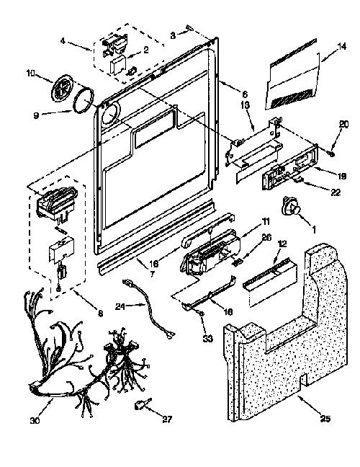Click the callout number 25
(x=325, y=418)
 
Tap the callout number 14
(x=342, y=46)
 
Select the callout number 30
(x=35, y=421)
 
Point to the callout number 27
(x=167, y=419)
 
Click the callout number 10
(x=31, y=73)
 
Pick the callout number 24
(x=120, y=306)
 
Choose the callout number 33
(x=208, y=338)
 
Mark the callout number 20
(x=343, y=124)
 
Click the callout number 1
(x=313, y=229)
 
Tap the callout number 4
(x=63, y=41)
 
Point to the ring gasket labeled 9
(x=84, y=101)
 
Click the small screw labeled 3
(x=189, y=28)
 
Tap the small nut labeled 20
(x=331, y=153)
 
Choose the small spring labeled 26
(x=237, y=262)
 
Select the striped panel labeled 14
(x=292, y=74)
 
